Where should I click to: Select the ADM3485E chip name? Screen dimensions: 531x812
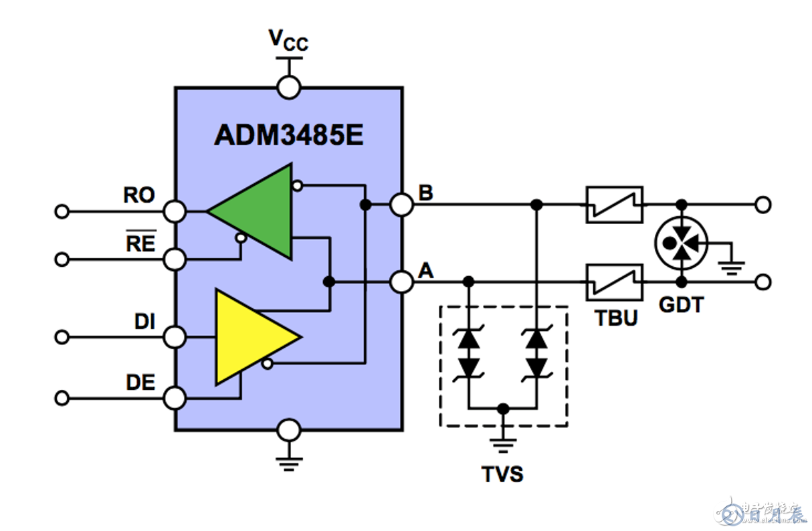(x=288, y=135)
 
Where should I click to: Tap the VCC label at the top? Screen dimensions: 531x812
(x=288, y=41)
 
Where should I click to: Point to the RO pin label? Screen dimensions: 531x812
(x=139, y=195)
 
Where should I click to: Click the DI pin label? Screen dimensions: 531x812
(x=144, y=322)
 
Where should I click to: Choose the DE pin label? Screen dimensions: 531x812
(x=140, y=383)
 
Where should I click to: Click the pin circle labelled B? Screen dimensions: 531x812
(x=401, y=205)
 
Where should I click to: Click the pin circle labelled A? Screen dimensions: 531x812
(x=401, y=282)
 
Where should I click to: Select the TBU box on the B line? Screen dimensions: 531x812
(x=614, y=205)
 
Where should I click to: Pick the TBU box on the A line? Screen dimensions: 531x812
(x=614, y=282)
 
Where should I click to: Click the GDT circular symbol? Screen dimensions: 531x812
(x=681, y=243)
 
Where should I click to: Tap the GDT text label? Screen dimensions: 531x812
(x=681, y=306)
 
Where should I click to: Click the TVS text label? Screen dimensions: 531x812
(x=503, y=474)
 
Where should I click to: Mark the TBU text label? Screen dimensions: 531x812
(x=616, y=318)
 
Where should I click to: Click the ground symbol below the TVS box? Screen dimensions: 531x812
(x=504, y=442)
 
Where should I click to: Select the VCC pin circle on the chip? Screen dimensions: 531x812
(x=289, y=87)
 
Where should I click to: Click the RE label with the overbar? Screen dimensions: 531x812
(x=140, y=243)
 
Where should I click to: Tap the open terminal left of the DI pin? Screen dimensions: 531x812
(x=62, y=337)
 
